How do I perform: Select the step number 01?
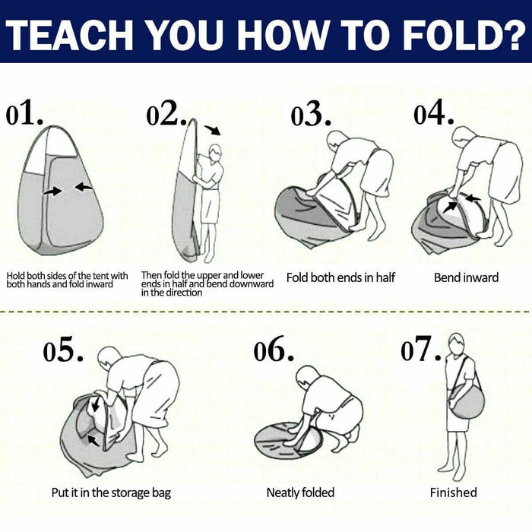coord(24,112)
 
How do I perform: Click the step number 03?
coord(311,113)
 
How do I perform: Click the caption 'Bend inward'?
coord(466,278)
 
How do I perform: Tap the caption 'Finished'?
coord(453,492)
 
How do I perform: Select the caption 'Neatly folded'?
coord(300,492)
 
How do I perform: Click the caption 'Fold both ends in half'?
coord(340,278)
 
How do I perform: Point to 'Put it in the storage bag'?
coord(111,493)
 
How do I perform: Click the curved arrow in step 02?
coord(213,130)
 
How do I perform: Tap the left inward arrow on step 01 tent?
coord(52,192)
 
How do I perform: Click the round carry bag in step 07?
coord(467,401)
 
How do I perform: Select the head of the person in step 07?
coord(458,344)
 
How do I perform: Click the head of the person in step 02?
coord(215,153)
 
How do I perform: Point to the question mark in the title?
coord(513,36)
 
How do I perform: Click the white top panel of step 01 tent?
coord(61,142)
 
